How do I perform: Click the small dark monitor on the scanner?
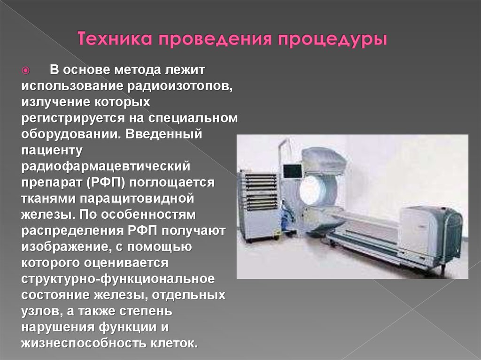pos(292,171)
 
